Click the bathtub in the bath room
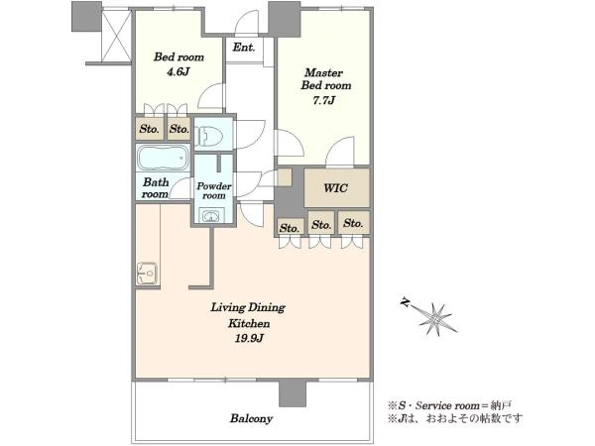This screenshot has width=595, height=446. coord(164,158)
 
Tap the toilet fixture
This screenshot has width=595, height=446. coord(208,134)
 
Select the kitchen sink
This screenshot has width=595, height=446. coord(147,274)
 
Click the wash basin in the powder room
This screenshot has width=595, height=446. coord(210,216)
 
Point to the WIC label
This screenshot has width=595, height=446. coord(335,187)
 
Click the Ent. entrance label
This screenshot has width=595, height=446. coord(244,48)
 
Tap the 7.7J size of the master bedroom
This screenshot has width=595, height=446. coord(323,100)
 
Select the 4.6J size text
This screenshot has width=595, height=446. coord(178,71)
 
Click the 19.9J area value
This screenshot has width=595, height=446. coord(249,338)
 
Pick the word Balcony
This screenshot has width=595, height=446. coord(251,418)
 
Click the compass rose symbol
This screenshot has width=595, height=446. coord(435,318)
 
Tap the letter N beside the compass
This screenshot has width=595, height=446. coord(406,302)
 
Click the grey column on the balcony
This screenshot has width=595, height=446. coord(293,393)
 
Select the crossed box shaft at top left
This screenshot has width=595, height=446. coord(117,36)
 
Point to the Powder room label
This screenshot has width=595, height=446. coord(214,190)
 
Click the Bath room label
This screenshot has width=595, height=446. coord(156,188)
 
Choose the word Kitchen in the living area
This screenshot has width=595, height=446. coord(249,323)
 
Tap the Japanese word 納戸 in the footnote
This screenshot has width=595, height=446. coord(501,405)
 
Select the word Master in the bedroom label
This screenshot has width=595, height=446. coord(323,72)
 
